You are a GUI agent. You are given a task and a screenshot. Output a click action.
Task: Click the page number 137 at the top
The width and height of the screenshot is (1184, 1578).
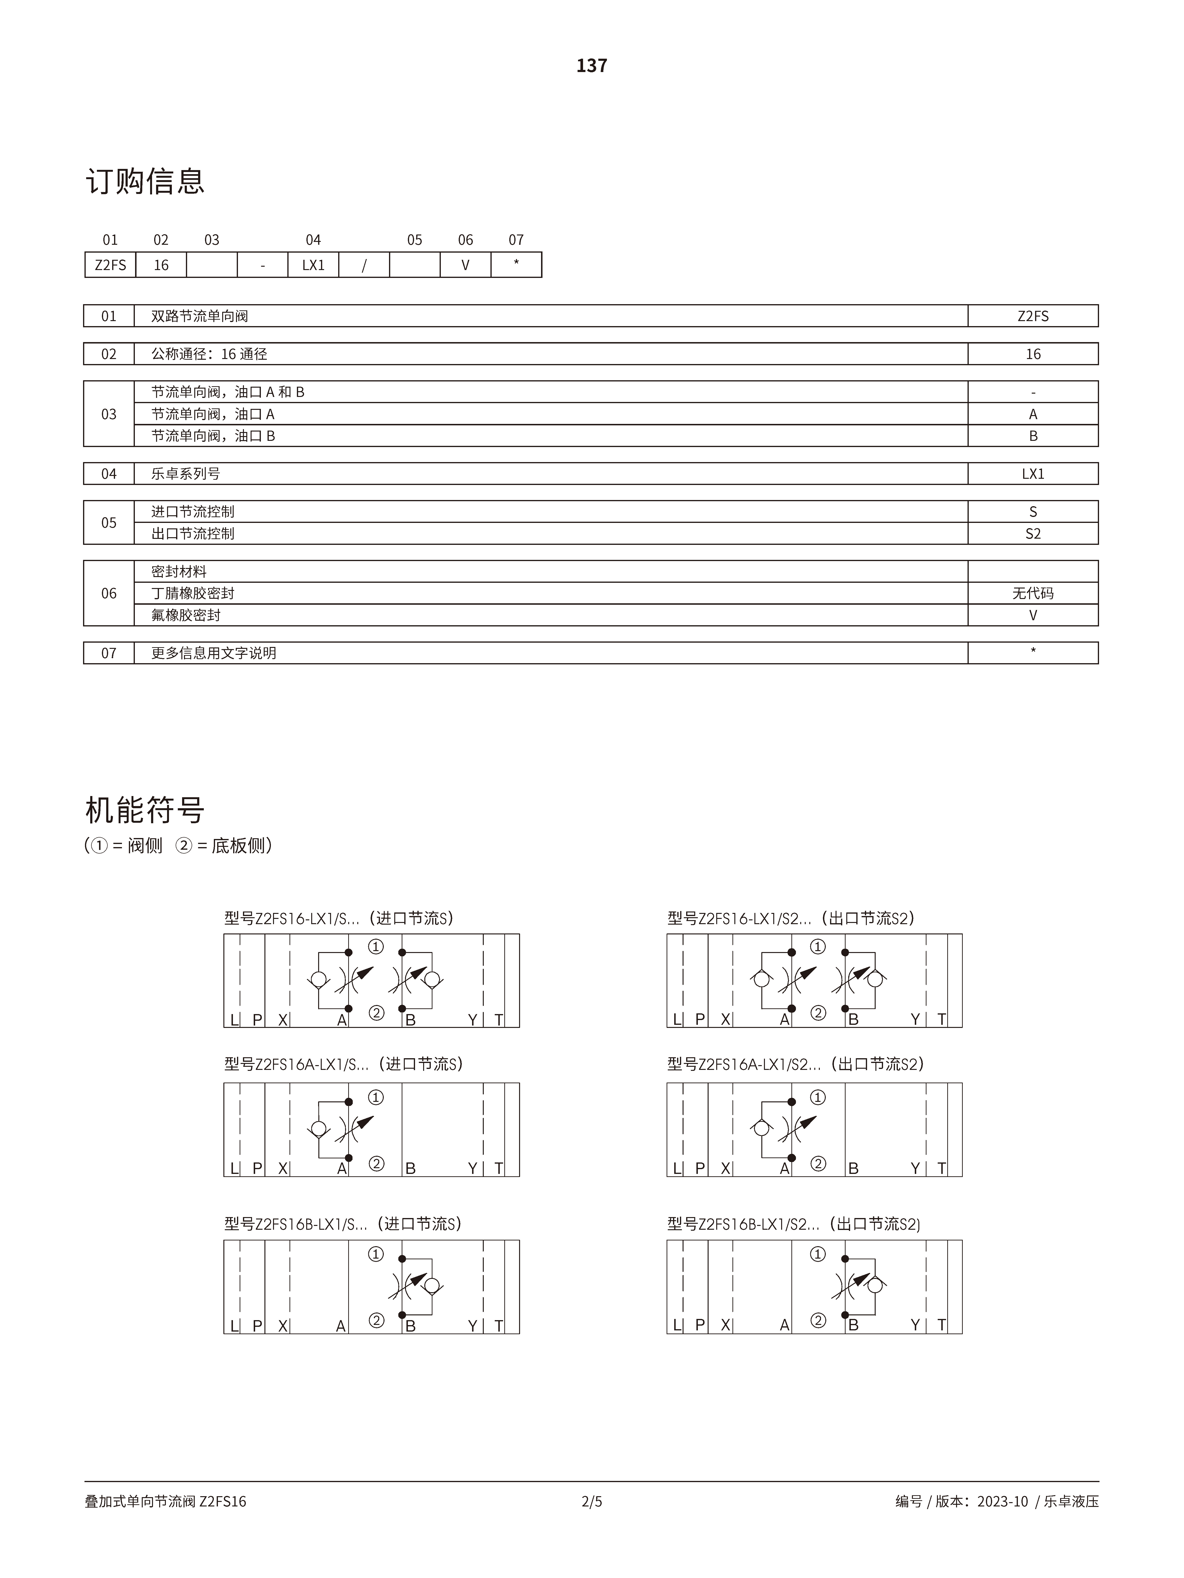point(592,66)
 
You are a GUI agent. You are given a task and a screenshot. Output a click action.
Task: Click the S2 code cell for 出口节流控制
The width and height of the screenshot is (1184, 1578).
point(1033,534)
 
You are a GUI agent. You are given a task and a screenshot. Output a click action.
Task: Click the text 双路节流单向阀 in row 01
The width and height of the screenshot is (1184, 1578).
point(200,316)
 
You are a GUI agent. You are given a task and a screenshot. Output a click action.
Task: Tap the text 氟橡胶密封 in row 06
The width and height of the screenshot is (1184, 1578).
point(185,615)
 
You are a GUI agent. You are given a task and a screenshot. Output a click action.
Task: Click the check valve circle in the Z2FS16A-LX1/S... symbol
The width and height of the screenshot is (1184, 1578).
point(319,1129)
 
